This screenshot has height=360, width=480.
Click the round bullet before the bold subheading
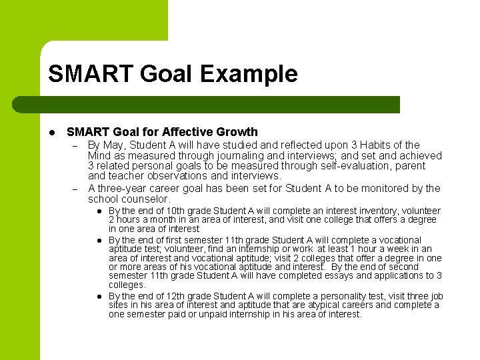[51, 132]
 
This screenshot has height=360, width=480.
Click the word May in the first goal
[114, 145]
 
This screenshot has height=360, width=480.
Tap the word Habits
[369, 145]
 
